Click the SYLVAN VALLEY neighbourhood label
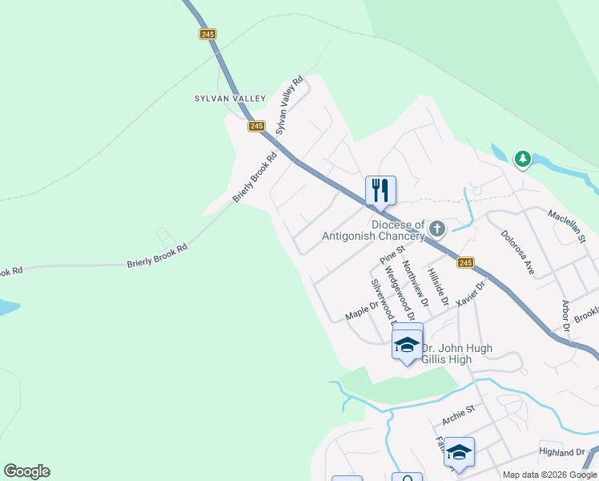pos(230,99)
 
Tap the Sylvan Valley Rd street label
pos(290,105)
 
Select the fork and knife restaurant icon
pos(380,190)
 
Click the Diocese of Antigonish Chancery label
pos(373,230)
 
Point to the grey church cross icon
pos(436,229)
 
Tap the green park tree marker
pos(523,160)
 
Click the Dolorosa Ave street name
pos(517,253)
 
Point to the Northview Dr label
pos(415,283)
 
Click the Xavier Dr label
pos(471,293)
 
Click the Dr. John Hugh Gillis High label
pos(456,354)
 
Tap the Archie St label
pos(459,414)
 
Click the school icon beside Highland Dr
pos(459,452)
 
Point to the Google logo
pos(26,471)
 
